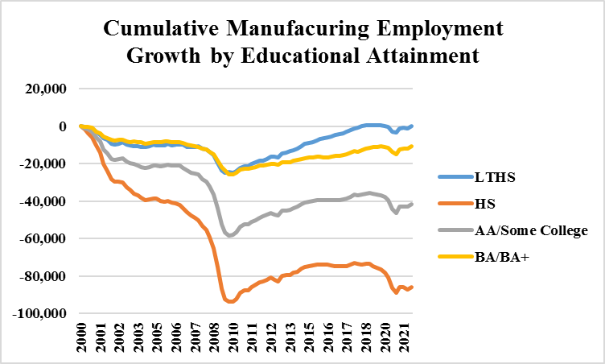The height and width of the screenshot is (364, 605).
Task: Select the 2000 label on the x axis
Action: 82,338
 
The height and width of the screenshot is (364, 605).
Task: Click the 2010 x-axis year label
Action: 230,338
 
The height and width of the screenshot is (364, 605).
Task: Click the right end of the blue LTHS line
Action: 412,126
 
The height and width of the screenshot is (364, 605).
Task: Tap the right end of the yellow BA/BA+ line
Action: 412,146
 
